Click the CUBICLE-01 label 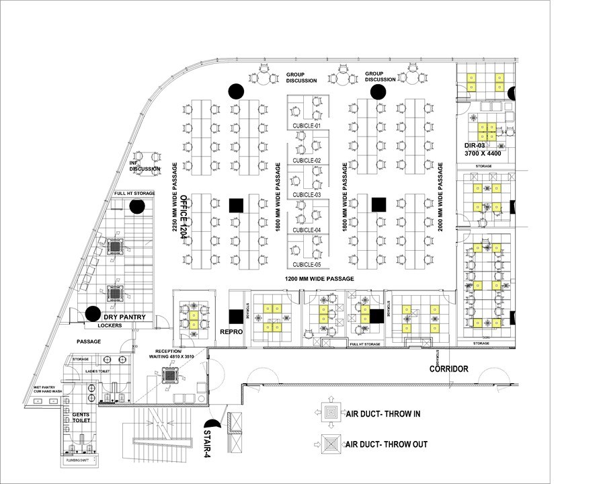click(307, 126)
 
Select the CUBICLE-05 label click(307, 265)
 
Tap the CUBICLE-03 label click(307, 195)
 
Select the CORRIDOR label click(449, 369)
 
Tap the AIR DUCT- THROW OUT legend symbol click(331, 444)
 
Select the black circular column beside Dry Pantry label click(91, 313)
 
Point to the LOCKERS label click(110, 325)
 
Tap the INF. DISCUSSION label click(145, 165)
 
